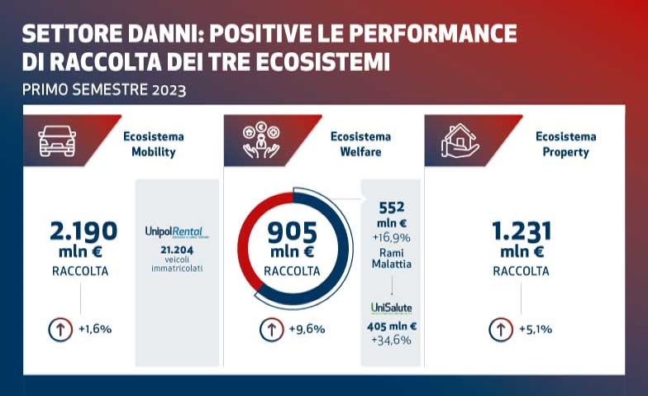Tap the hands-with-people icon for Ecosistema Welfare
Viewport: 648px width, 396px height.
[x=261, y=141]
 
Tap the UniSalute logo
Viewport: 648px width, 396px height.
[x=391, y=308]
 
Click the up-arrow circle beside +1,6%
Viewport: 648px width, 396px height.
[x=62, y=329]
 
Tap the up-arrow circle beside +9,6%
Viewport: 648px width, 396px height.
[x=273, y=329]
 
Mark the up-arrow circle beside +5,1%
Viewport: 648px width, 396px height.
[x=500, y=329]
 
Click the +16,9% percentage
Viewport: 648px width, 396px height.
[x=391, y=239]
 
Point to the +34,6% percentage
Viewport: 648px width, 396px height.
[x=391, y=340]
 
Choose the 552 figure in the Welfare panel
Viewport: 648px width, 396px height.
[x=391, y=208]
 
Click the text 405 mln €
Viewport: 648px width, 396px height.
[x=391, y=327]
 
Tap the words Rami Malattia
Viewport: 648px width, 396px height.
[x=391, y=259]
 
